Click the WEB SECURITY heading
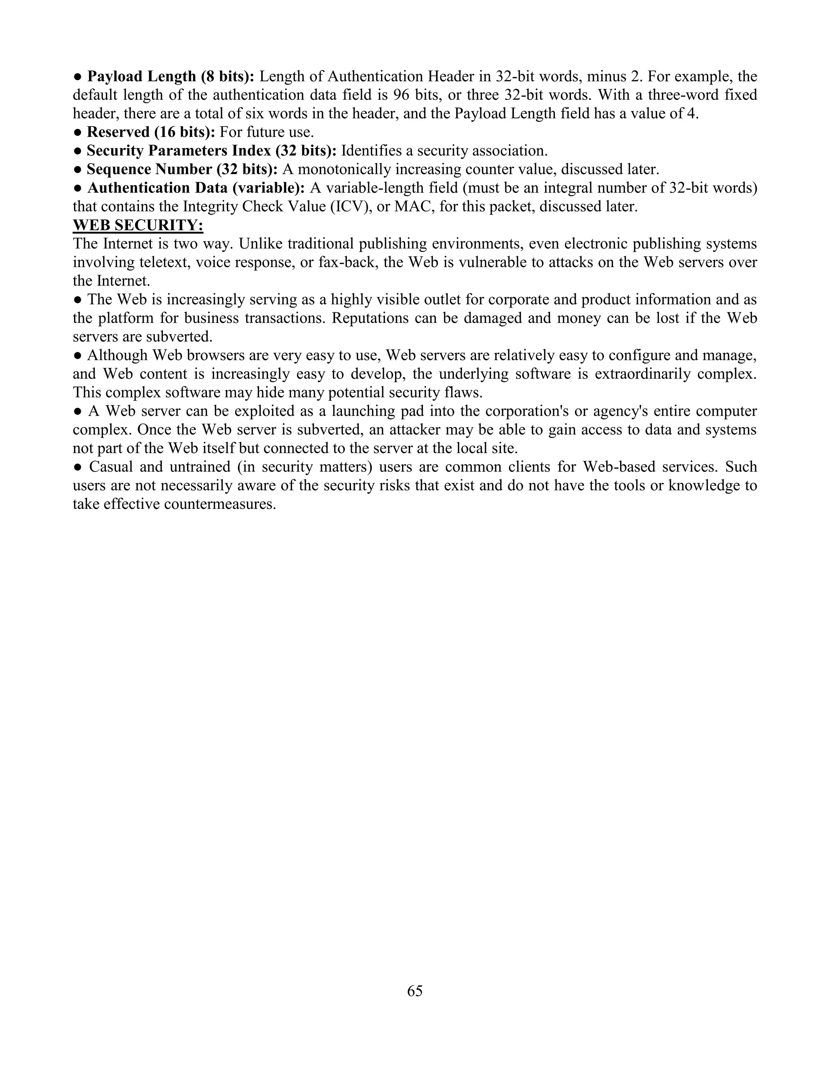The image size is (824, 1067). (x=138, y=225)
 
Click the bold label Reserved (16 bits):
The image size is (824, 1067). (x=151, y=132)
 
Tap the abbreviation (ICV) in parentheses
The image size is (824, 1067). (x=350, y=206)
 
